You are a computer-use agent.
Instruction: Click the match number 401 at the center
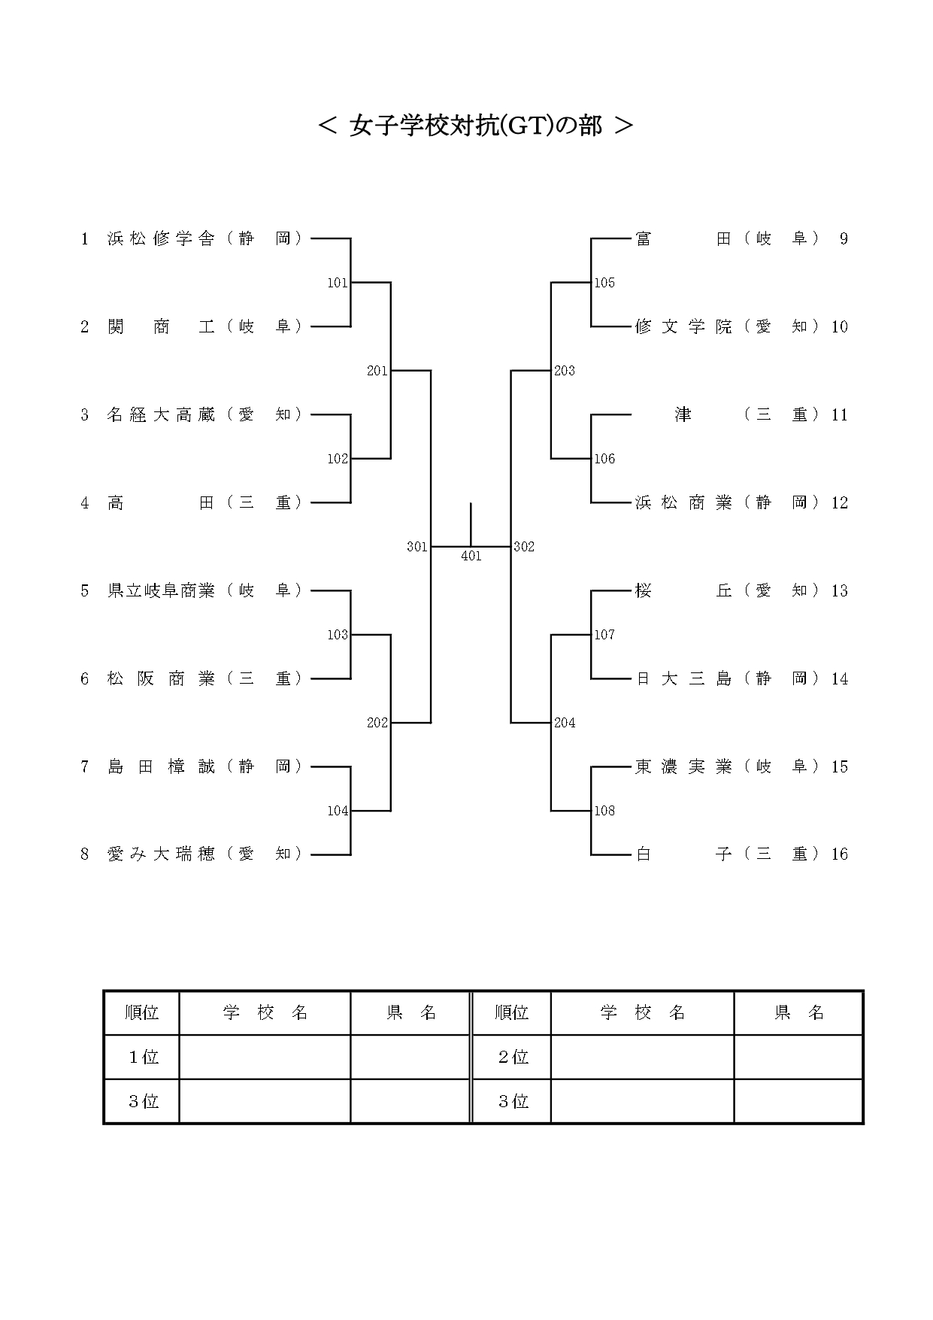471,557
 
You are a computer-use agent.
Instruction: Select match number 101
338,283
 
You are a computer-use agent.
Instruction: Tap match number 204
565,723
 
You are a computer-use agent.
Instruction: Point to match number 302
524,547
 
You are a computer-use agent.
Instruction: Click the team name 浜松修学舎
161,239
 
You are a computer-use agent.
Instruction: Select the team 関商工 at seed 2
161,327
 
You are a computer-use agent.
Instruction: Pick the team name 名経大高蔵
161,414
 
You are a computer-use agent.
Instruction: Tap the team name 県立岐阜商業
161,590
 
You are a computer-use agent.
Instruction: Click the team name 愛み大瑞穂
161,854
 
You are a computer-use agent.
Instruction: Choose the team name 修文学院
683,326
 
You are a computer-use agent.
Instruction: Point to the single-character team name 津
683,414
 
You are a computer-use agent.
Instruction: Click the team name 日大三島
683,678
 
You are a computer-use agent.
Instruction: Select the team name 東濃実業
683,766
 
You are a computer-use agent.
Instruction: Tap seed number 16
840,854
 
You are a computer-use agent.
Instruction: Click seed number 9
844,239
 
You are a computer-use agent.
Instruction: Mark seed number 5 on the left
85,591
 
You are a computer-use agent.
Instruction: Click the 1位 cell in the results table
143,1058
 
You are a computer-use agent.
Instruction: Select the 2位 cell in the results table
513,1058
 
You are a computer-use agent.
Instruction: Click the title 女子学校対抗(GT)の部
475,126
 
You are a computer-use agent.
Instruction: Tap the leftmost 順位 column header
142,1013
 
